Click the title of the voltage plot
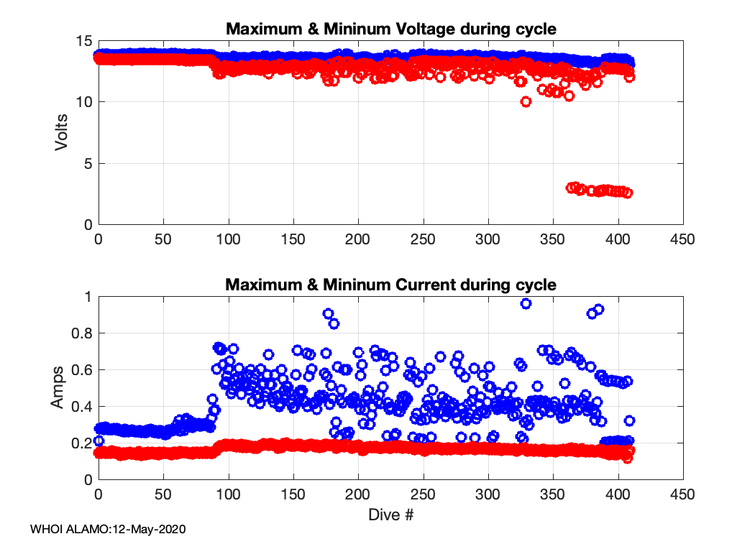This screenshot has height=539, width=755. point(391,29)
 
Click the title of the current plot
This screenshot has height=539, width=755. point(391,284)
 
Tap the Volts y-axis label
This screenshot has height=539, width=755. point(63,133)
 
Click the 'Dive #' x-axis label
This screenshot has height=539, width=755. point(390,515)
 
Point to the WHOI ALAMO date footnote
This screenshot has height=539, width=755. point(108,529)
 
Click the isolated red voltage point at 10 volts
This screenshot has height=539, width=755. point(526,101)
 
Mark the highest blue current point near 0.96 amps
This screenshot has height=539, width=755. point(526,304)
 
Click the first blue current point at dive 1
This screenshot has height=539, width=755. point(99,441)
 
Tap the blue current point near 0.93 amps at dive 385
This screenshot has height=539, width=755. point(598,309)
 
